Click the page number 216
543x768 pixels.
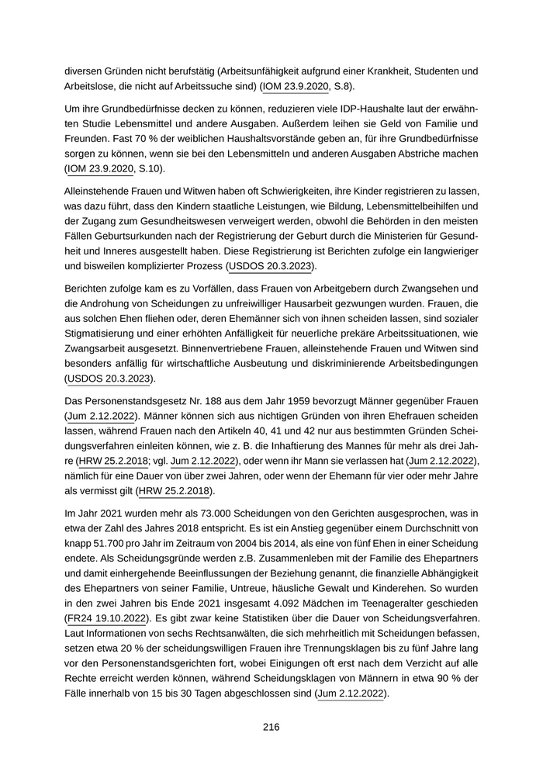click(271, 727)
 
